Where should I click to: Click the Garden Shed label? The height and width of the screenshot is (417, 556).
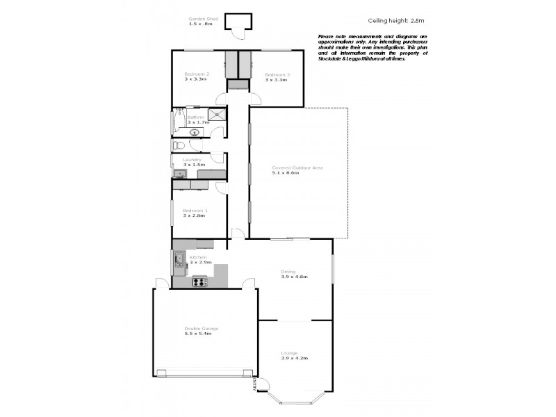(202, 19)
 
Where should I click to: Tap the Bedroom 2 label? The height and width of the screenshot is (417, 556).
(196, 74)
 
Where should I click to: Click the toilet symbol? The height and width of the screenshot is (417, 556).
(179, 145)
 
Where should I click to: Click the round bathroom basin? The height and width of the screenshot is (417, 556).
(195, 132)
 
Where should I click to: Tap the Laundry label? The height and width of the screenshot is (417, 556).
(192, 160)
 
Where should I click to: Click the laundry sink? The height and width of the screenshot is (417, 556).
(180, 174)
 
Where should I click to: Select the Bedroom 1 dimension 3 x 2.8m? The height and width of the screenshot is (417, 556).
(195, 216)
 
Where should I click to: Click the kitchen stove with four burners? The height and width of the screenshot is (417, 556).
(199, 281)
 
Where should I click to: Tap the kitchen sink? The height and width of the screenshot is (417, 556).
(179, 261)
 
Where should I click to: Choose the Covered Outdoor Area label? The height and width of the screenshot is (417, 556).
(297, 167)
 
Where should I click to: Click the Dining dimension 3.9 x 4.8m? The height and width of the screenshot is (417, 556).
(294, 277)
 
